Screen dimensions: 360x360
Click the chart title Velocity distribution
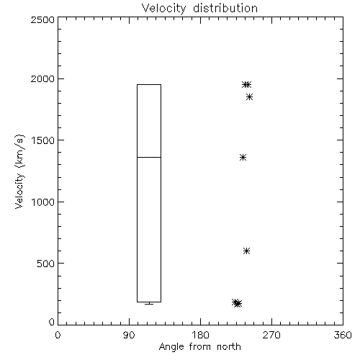tap(199, 9)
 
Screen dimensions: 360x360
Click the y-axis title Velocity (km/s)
tap(19, 171)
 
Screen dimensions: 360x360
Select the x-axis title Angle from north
tap(199, 347)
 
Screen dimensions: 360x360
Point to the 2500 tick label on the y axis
tap(42, 19)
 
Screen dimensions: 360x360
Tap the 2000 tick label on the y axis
tap(42, 78)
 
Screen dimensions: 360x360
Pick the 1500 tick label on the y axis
tap(43, 140)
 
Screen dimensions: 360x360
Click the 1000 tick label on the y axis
tap(43, 202)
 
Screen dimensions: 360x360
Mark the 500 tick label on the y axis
tap(46, 264)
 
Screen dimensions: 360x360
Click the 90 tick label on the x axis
tap(129, 335)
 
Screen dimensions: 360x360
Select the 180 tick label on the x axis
tap(200, 335)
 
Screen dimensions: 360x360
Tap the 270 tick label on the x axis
tap(271, 335)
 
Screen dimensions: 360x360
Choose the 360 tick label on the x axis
tap(343, 335)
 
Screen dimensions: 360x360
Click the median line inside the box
tap(149, 157)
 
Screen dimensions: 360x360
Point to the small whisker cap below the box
tap(149, 304)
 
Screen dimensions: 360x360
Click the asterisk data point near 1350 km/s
tap(243, 158)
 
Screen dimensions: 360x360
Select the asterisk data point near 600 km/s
tap(246, 251)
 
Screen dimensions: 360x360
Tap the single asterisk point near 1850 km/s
tap(249, 97)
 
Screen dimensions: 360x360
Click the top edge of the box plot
tap(149, 84)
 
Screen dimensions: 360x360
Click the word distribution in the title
tap(225, 9)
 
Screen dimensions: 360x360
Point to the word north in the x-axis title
tap(229, 347)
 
